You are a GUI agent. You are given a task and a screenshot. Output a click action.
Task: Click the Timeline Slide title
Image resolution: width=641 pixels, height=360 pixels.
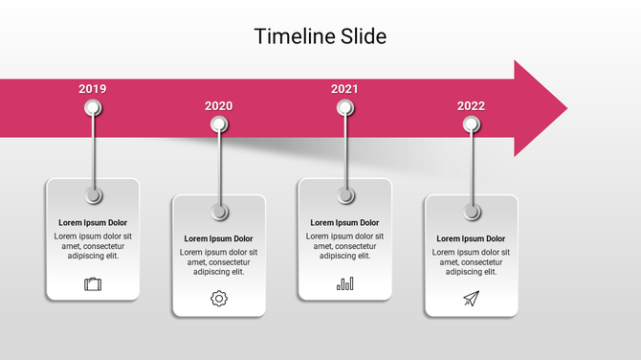coord(320,36)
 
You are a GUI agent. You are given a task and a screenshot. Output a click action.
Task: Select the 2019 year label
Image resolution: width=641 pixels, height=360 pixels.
coord(93,89)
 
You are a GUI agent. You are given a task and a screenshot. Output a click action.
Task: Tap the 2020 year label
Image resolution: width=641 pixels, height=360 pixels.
coord(218,106)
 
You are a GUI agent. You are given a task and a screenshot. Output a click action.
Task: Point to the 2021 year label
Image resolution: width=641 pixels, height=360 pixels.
coord(344,89)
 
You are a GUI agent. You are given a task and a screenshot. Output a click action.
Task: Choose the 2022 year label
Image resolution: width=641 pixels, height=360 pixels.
coord(471,106)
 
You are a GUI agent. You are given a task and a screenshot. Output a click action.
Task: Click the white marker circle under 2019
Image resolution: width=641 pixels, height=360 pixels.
coord(93,107)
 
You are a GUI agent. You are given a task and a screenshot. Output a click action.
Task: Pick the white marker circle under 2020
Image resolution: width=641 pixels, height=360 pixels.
coord(219,124)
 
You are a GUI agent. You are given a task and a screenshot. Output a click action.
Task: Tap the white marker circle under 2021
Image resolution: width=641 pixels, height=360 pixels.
coord(345,107)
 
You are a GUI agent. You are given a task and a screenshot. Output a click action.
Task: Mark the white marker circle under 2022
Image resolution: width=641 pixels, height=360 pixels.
coord(471,124)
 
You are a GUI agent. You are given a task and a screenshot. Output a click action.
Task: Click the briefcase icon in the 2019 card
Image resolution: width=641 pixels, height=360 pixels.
coord(93,283)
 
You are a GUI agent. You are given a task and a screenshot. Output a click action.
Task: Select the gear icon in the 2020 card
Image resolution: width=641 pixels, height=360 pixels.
coord(219,299)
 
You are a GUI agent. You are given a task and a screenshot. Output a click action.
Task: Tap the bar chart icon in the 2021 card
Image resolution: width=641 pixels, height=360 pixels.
coord(345,283)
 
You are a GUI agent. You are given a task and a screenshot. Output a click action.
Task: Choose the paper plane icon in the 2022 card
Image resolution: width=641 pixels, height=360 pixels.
coord(471,299)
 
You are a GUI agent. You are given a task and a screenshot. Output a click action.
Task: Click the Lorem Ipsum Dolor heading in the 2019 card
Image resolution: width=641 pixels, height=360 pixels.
coord(93,222)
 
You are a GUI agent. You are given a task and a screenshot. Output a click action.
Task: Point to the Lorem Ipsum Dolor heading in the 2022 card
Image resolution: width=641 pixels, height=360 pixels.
coord(471,238)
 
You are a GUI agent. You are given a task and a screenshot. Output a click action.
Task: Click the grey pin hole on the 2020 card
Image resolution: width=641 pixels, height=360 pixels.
coord(219,212)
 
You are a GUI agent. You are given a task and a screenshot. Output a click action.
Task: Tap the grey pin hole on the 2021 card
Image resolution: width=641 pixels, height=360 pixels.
coord(345,195)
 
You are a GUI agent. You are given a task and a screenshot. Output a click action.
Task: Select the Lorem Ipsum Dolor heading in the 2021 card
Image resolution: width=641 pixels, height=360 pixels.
coord(344,222)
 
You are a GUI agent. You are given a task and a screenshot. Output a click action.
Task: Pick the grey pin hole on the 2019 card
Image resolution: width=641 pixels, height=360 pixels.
coord(93,195)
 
